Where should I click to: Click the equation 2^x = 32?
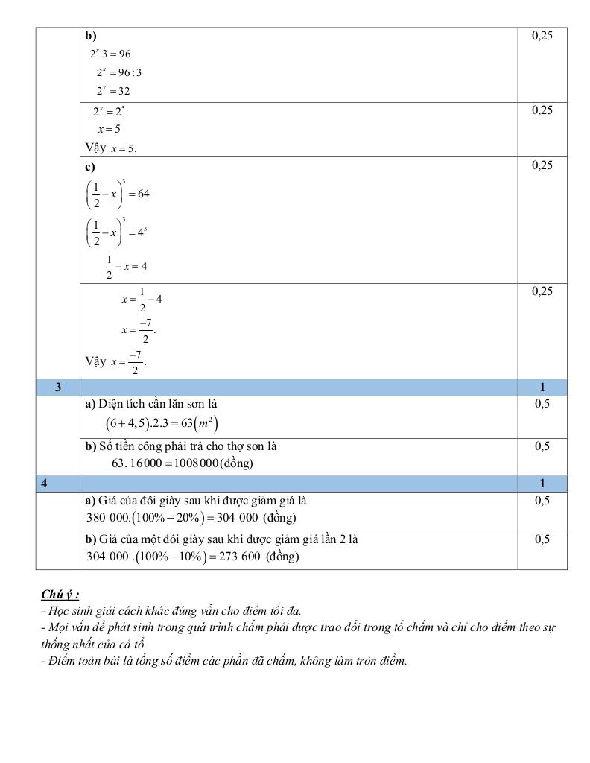point(112,92)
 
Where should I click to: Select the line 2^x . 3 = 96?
point(110,54)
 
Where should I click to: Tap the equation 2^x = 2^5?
point(109,111)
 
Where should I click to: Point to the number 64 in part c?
point(144,194)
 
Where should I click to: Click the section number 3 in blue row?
point(58,387)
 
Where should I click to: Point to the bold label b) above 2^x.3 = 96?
point(90,35)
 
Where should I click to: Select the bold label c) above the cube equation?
point(89,166)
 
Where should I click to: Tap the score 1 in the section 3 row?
point(542,387)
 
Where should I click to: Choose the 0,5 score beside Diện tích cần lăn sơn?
point(542,404)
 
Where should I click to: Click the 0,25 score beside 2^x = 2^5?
point(542,110)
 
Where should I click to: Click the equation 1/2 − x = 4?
point(126,266)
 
